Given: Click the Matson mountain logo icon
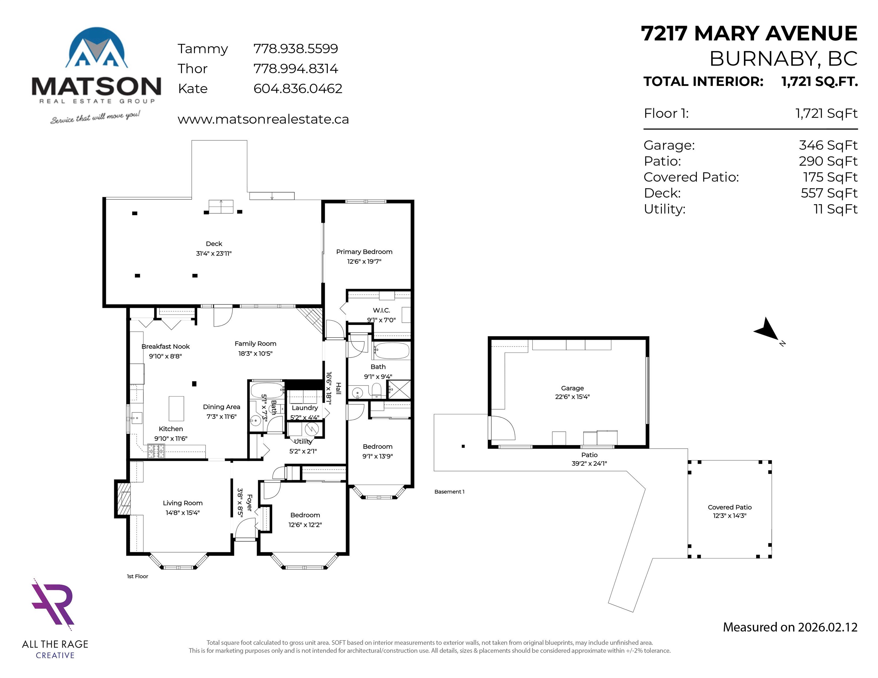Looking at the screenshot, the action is click(x=97, y=47).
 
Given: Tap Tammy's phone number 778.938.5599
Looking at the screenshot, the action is click(x=295, y=49).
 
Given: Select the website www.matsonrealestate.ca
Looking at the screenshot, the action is click(x=263, y=119).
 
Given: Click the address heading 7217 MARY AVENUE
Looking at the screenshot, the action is click(x=749, y=33).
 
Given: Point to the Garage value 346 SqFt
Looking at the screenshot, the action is click(x=828, y=145).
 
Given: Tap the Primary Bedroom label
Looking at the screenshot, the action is click(x=364, y=252).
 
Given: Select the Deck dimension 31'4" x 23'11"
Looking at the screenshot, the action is click(x=214, y=253).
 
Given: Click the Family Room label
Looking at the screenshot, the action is click(x=255, y=344).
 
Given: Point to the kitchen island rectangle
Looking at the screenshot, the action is click(x=176, y=408).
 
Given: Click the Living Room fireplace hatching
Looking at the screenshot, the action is click(x=123, y=498).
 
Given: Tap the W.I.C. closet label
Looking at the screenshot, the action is click(x=381, y=310).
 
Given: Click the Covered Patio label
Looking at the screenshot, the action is click(x=730, y=507).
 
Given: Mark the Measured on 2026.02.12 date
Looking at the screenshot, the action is click(x=790, y=627).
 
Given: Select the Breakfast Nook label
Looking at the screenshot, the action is click(x=165, y=347).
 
